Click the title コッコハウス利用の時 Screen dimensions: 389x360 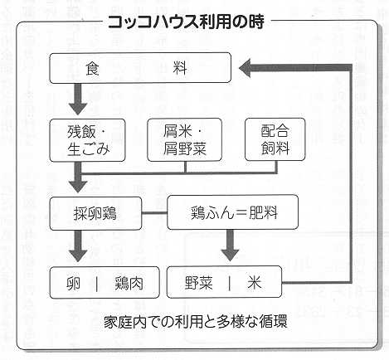click(186, 22)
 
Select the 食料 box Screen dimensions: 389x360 click(140, 68)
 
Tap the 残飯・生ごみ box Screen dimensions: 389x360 click(87, 140)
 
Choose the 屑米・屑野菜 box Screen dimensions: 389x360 click(185, 139)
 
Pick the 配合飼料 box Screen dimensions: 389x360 click(275, 139)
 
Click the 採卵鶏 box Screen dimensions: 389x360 click(95, 213)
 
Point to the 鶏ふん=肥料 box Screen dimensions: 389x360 click(233, 212)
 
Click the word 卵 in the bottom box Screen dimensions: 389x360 click(74, 283)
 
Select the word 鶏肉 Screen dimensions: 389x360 click(129, 283)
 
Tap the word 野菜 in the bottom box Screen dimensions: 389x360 click(199, 283)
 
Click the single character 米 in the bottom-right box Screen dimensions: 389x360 click(255, 283)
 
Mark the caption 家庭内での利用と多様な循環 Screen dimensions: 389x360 click(196, 322)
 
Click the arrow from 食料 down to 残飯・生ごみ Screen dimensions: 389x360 click(78, 99)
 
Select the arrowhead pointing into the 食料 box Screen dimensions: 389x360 click(245, 68)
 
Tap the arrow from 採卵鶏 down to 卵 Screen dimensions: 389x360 click(78, 246)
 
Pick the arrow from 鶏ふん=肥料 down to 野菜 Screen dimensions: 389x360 click(230, 246)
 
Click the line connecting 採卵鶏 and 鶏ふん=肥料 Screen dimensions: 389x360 click(154, 213)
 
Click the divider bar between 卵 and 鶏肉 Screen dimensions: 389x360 click(97, 284)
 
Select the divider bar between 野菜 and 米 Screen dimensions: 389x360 click(230, 283)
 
